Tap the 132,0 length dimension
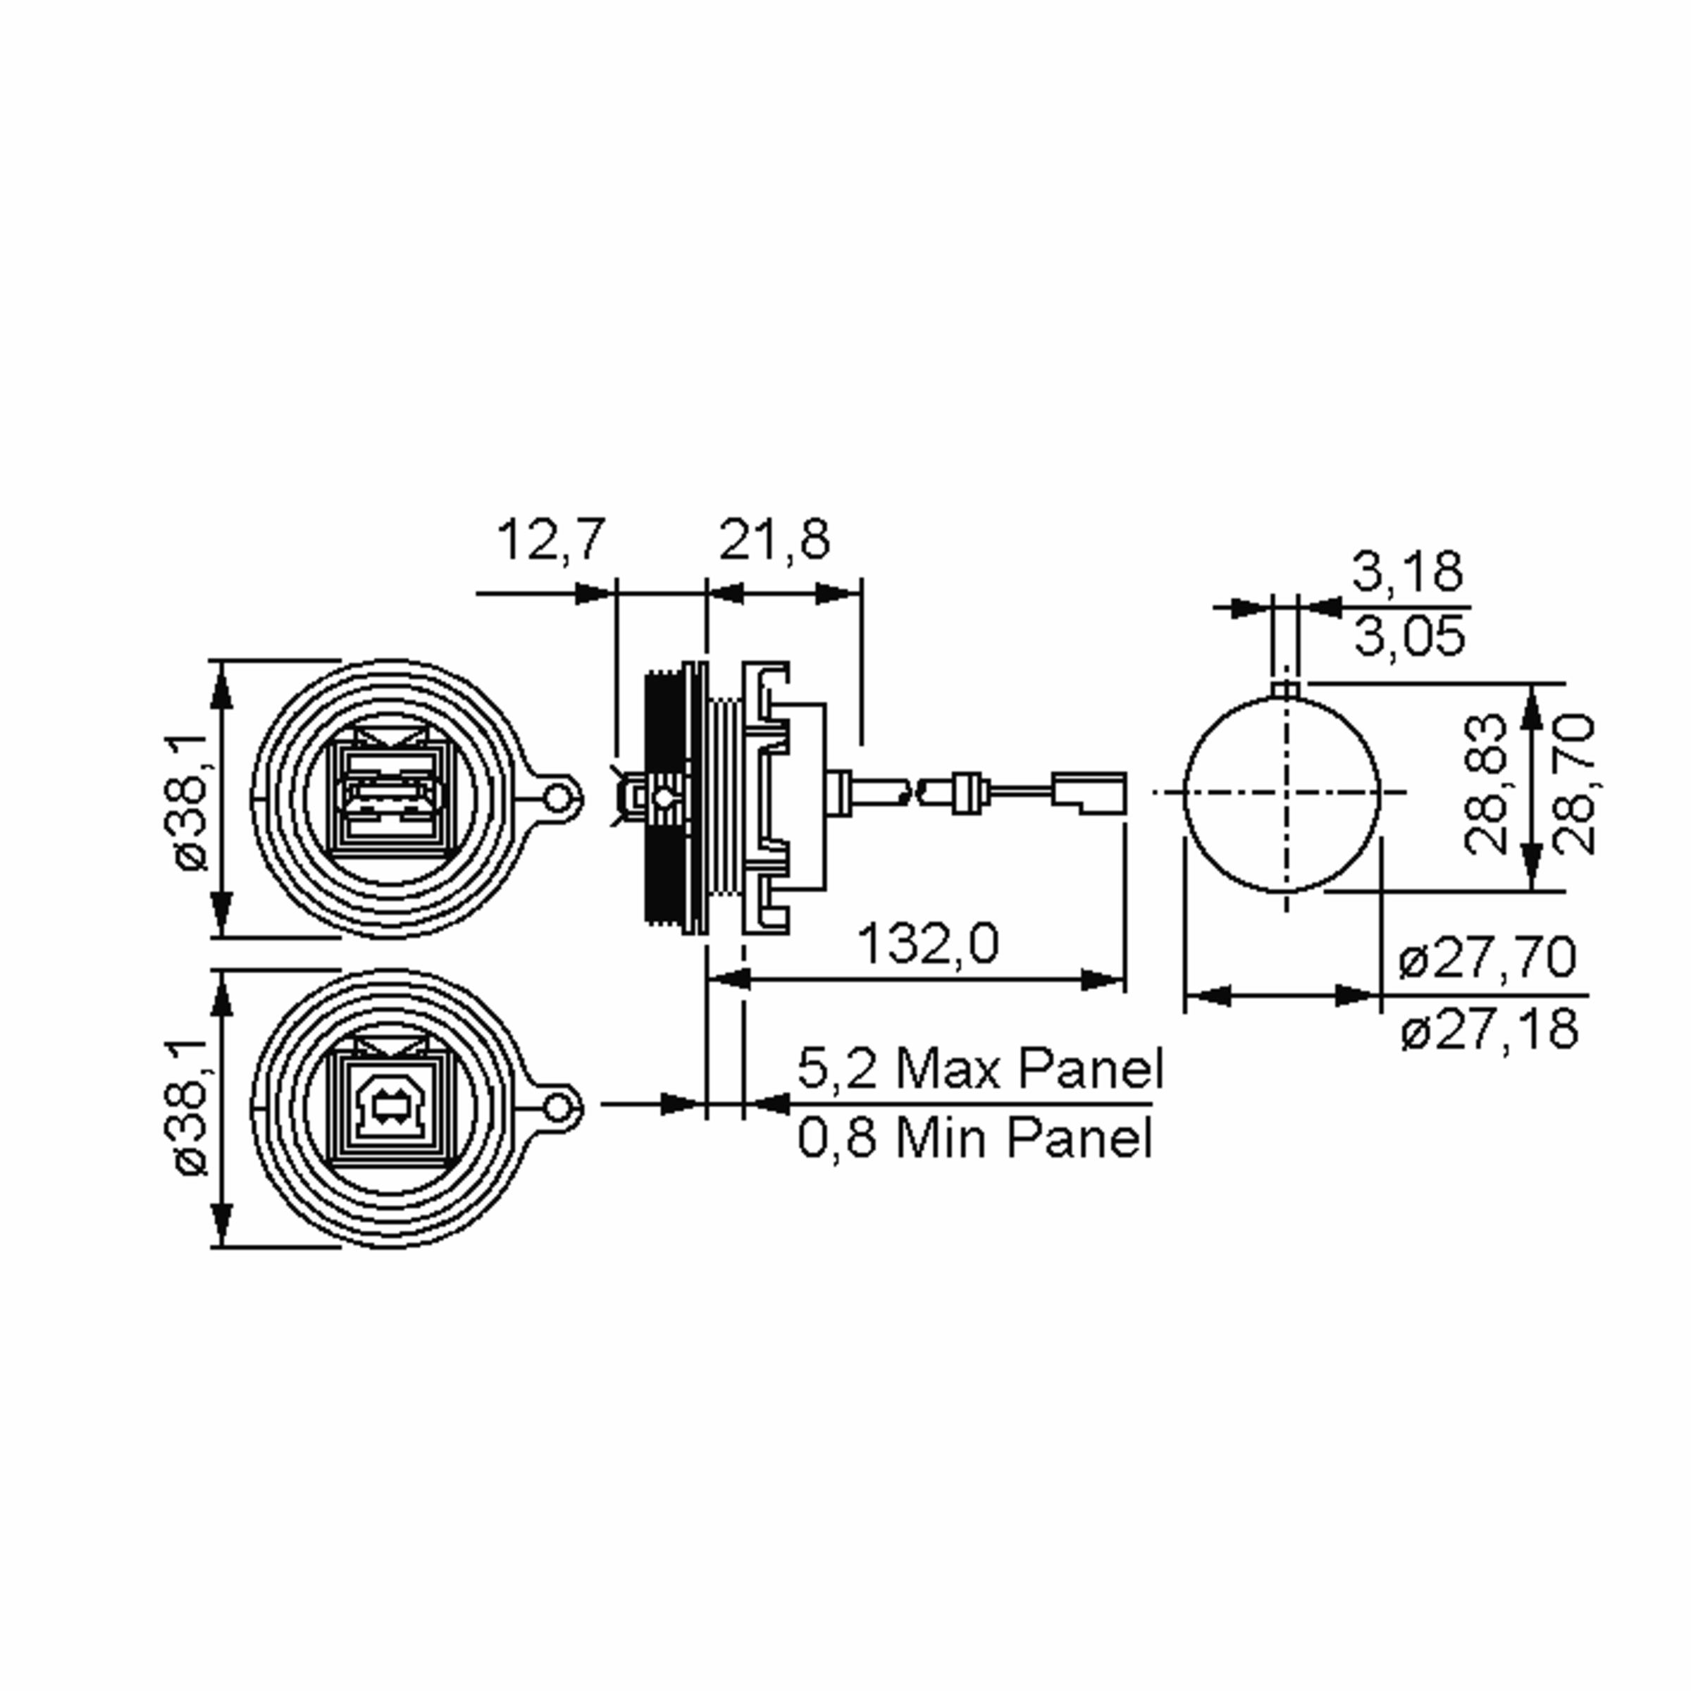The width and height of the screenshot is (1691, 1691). pyautogui.click(x=927, y=944)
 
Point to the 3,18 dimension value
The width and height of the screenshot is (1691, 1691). pyautogui.click(x=1406, y=571)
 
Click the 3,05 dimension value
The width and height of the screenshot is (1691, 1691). pyautogui.click(x=1408, y=636)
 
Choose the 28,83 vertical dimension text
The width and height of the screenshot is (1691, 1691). pyautogui.click(x=1485, y=784)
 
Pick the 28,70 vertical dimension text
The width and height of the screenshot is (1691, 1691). pyautogui.click(x=1575, y=784)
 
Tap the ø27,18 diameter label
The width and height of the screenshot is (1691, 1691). pyautogui.click(x=1489, y=1030)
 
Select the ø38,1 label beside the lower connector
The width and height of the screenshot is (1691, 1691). pyautogui.click(x=191, y=1107)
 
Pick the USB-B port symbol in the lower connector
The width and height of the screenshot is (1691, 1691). pyautogui.click(x=386, y=1107)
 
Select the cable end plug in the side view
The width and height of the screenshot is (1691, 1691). pyautogui.click(x=1089, y=792)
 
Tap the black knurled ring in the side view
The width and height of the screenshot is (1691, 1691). pyautogui.click(x=668, y=796)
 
